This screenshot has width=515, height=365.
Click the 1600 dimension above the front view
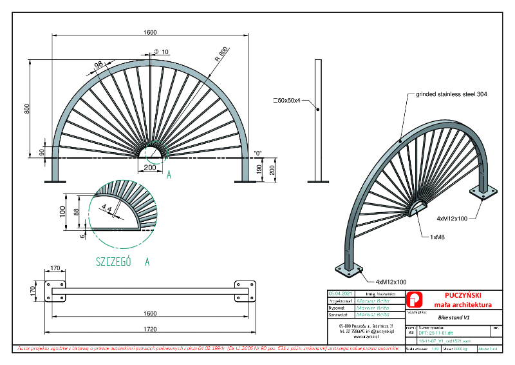150,32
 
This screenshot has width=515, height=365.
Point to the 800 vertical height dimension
27,108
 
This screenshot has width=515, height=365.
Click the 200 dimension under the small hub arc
150,168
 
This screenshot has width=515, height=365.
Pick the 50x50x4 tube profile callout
292,101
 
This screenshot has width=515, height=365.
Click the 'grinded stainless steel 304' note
451,94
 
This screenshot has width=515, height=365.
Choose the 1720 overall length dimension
150,329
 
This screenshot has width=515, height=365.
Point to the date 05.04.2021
340,293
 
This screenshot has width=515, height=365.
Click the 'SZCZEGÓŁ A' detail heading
122,262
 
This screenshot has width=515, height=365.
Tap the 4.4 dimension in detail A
106,208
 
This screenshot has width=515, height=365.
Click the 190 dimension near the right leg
259,169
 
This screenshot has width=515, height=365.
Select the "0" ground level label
259,153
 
